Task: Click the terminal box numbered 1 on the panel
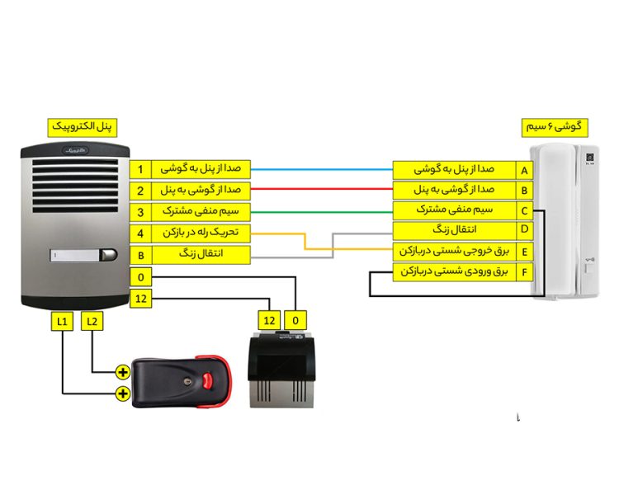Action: pos(140,170)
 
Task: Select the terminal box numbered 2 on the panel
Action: pos(140,191)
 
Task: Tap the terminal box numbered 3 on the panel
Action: pos(140,212)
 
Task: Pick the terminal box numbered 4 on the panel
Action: pos(140,233)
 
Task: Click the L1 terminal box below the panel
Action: pos(63,320)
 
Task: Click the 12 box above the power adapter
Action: pos(268,320)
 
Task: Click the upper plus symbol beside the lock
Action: pos(123,372)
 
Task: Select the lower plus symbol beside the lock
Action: pos(123,394)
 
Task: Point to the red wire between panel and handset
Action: pos(322,191)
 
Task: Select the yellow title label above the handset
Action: pos(555,127)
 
